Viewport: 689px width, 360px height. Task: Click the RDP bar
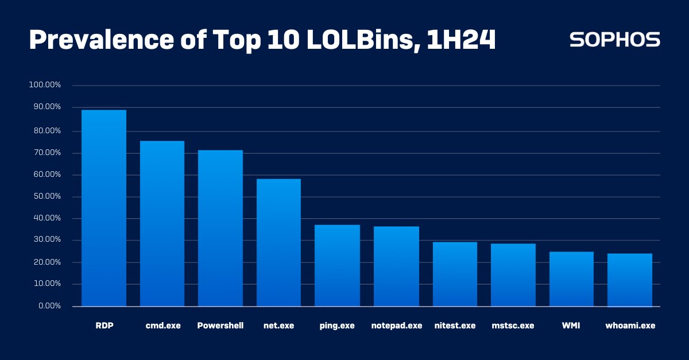[x=103, y=208]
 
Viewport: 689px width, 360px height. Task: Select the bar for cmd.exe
[x=162, y=223]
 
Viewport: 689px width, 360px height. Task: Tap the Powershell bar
[x=220, y=228]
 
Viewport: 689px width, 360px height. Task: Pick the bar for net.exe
[x=278, y=242]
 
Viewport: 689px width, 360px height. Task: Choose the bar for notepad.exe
[x=396, y=266]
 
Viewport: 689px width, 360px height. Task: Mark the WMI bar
[x=571, y=278]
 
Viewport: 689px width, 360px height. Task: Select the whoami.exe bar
[x=630, y=280]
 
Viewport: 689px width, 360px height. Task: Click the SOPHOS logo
[x=614, y=40]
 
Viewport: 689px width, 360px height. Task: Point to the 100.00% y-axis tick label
[x=45, y=85]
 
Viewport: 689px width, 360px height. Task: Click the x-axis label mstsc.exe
[x=513, y=326]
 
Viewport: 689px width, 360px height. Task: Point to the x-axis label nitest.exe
[x=455, y=326]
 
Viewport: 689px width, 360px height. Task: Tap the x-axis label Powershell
[x=220, y=326]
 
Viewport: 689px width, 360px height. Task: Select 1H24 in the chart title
[x=461, y=40]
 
